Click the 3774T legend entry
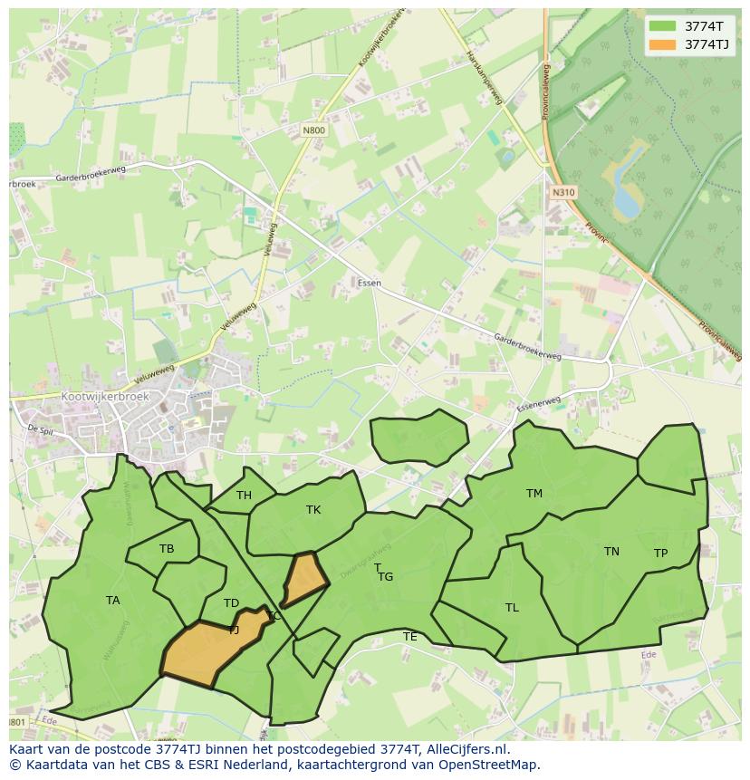coord(689,26)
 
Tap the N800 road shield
coord(313,130)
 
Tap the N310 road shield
coord(562,192)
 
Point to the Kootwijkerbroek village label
coord(104,397)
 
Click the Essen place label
coord(369,284)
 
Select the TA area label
coord(112,601)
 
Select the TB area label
coord(167,549)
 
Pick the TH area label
coord(244,496)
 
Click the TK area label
coord(313,510)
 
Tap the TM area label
coord(534,494)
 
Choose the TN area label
coord(611,552)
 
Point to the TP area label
coord(660,554)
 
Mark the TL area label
coord(512,608)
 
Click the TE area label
coord(410,637)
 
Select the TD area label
coord(231,603)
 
